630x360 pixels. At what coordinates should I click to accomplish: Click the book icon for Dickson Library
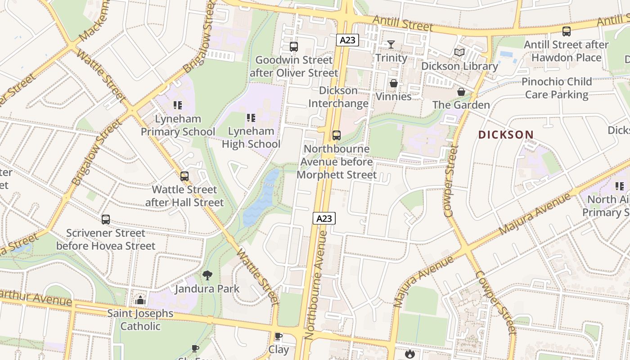point(459,53)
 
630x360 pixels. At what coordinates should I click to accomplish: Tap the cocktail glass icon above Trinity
point(391,44)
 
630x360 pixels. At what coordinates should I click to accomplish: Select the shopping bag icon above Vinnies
point(394,83)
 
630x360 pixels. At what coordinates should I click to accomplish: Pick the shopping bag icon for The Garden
point(461,92)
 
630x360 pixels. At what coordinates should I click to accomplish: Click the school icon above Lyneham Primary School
point(178,105)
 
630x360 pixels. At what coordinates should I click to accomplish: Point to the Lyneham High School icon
point(251,118)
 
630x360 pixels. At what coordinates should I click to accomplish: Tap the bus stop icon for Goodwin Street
point(294,46)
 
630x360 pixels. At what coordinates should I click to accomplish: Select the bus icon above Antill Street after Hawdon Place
point(566,31)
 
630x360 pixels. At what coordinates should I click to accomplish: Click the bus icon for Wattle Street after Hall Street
point(184,176)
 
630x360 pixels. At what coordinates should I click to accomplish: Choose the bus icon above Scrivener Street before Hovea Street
point(106,220)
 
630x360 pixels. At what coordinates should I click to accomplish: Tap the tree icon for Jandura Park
point(207,275)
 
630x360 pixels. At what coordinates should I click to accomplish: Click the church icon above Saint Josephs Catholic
point(140,300)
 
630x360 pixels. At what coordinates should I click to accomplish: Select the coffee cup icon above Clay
point(279,336)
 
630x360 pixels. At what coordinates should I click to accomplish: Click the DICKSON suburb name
point(506,135)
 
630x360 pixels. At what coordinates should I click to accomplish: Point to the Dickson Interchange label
point(338,97)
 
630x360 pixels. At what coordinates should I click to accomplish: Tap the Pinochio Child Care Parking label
point(557,88)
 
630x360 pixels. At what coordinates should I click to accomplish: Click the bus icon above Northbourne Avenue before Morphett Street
point(336,135)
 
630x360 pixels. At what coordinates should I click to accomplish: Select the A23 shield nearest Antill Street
point(347,40)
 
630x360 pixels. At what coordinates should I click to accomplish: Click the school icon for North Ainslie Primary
point(620,186)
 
